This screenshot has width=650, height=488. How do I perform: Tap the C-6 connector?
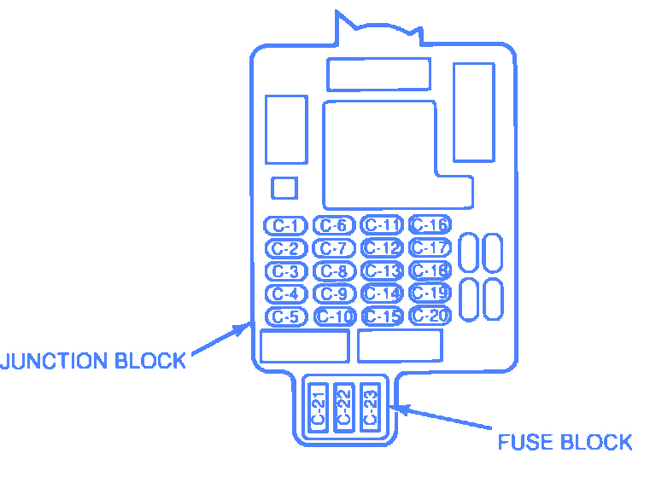pyautogui.click(x=334, y=226)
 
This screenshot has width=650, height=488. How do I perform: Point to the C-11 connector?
pyautogui.click(x=382, y=225)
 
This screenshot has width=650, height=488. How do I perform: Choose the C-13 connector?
pyautogui.click(x=382, y=271)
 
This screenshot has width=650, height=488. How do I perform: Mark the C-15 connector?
pyautogui.click(x=382, y=317)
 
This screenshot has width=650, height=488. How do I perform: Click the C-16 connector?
pyautogui.click(x=430, y=225)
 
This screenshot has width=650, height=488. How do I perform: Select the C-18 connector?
pyautogui.click(x=430, y=270)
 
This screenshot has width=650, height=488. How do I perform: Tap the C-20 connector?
pyautogui.click(x=430, y=316)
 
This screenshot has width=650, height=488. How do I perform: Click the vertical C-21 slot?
pyautogui.click(x=318, y=407)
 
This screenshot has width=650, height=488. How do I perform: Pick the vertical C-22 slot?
pyautogui.click(x=343, y=407)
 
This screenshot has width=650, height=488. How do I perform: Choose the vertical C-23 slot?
pyautogui.click(x=369, y=407)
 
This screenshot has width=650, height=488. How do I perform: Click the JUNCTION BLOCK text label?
pyautogui.click(x=93, y=361)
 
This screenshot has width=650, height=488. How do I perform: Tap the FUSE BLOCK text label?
pyautogui.click(x=565, y=443)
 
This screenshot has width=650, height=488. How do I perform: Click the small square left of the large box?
pyautogui.click(x=284, y=188)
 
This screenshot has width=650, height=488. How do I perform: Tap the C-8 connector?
pyautogui.click(x=334, y=271)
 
